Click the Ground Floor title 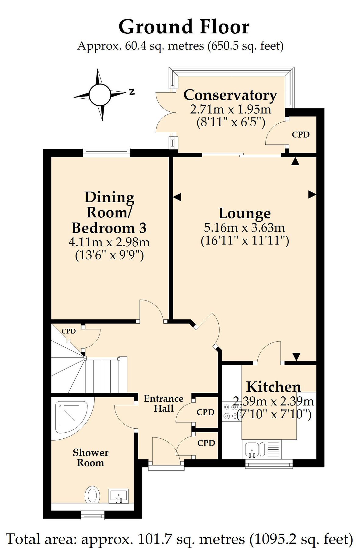(184, 27)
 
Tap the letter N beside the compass (132, 91)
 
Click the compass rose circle (100, 95)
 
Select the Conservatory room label (230, 95)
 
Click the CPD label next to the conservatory (301, 135)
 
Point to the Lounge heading (245, 213)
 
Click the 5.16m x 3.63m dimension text (245, 227)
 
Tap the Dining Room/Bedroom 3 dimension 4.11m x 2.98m (109, 242)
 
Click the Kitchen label (273, 387)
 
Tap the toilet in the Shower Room (92, 494)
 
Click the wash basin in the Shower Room (119, 496)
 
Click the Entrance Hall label (164, 403)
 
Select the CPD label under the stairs (69, 331)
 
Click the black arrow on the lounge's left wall (177, 197)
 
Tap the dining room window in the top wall (107, 152)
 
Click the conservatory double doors (164, 113)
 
